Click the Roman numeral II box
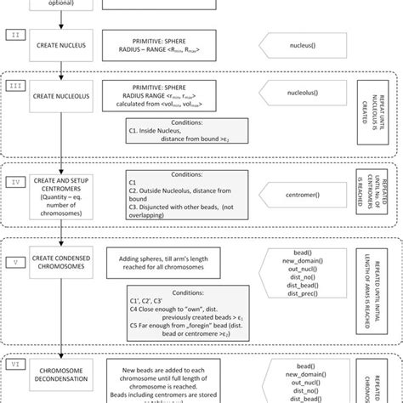pos(18,35)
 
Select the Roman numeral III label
pos(18,86)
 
